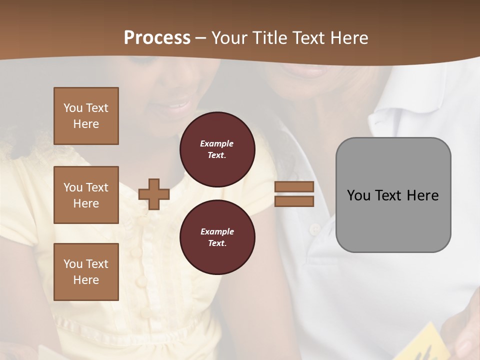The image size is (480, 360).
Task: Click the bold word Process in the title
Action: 157,38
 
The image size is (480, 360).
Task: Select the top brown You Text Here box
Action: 86,116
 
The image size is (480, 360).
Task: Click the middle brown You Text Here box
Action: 86,195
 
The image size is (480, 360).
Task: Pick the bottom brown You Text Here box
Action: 86,271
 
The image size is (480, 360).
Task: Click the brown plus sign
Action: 154,194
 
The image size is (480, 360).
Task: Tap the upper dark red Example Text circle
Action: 217,149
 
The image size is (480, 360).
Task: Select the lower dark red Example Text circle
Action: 217,237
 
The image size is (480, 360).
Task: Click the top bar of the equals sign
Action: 294,187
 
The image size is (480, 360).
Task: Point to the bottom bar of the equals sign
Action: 294,201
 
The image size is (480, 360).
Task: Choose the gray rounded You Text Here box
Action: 393,194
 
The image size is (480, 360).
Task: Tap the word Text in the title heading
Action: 312,38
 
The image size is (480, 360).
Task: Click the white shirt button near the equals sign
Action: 313,229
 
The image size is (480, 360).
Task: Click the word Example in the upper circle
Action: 217,143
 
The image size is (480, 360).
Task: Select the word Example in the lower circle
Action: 217,231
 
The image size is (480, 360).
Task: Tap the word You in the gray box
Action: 358,195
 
